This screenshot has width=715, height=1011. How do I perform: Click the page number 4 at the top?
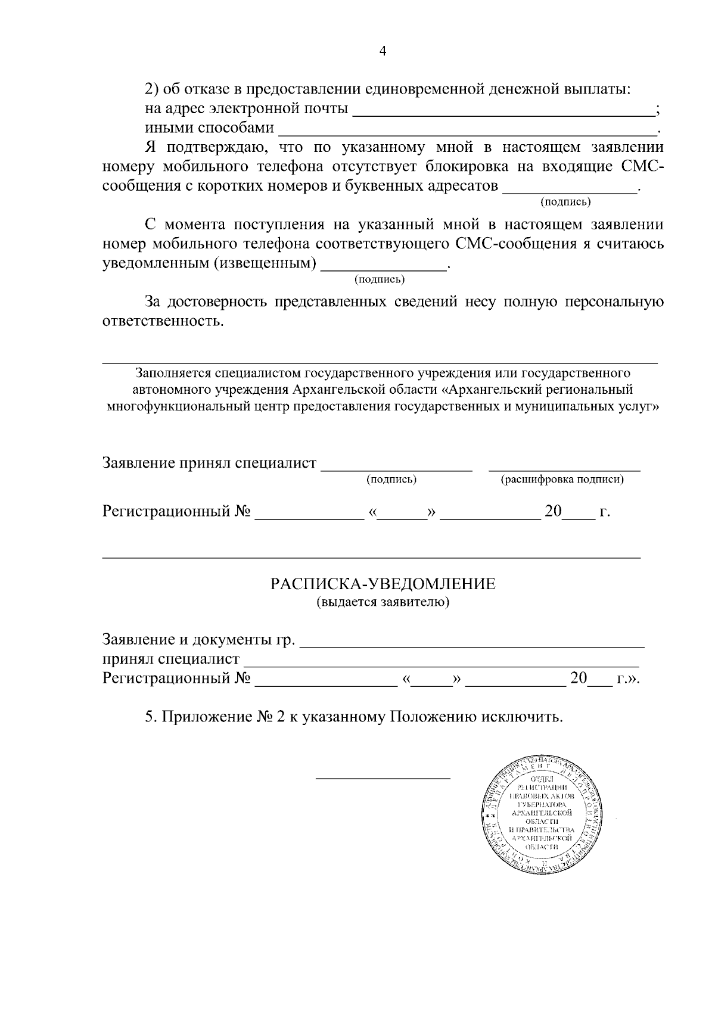pos(383,52)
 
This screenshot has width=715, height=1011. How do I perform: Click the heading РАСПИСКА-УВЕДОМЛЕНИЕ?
pos(383,584)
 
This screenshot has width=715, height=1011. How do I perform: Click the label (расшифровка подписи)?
pos(562,480)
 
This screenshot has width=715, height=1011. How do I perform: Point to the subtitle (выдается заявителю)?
pos(383,602)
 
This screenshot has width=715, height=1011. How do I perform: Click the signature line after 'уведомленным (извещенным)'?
pos(384,269)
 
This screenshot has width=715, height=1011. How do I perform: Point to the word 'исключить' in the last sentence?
pos(530,717)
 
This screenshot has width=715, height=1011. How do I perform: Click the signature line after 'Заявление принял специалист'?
pos(397,470)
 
